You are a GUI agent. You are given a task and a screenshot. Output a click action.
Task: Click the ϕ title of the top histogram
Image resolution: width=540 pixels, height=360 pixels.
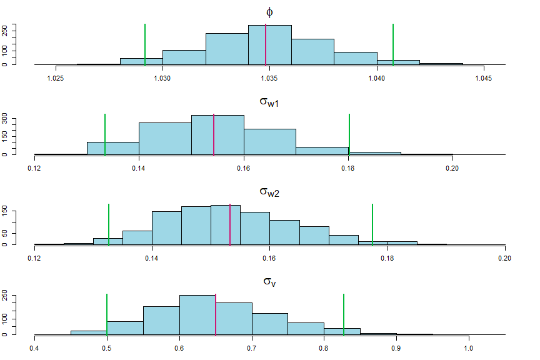click(269, 11)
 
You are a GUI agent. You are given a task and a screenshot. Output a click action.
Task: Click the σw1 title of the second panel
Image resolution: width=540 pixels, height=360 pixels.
click(269, 102)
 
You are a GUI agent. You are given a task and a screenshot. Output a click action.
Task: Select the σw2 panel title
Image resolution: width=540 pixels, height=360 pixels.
click(269, 192)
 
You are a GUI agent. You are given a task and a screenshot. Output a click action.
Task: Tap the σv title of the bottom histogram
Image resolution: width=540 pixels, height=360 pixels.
click(269, 282)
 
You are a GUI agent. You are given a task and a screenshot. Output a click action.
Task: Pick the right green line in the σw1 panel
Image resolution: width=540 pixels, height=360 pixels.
click(349, 134)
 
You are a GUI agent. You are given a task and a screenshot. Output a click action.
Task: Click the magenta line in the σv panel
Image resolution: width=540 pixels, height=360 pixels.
click(216, 314)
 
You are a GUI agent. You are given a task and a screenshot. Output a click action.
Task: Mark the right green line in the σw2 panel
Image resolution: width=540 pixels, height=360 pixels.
click(372, 224)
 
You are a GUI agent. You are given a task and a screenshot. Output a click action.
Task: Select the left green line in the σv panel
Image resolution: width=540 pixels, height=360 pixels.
click(107, 314)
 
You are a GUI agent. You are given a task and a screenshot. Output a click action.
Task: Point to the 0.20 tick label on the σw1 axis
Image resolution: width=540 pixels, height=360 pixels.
click(452, 168)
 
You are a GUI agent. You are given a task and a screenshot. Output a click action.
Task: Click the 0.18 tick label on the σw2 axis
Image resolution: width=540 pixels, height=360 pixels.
click(387, 258)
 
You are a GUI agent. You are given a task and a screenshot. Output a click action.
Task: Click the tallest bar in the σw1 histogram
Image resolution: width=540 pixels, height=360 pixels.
click(217, 135)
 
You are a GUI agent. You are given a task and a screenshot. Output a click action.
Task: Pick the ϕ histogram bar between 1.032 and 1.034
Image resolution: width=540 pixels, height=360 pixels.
click(227, 49)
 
